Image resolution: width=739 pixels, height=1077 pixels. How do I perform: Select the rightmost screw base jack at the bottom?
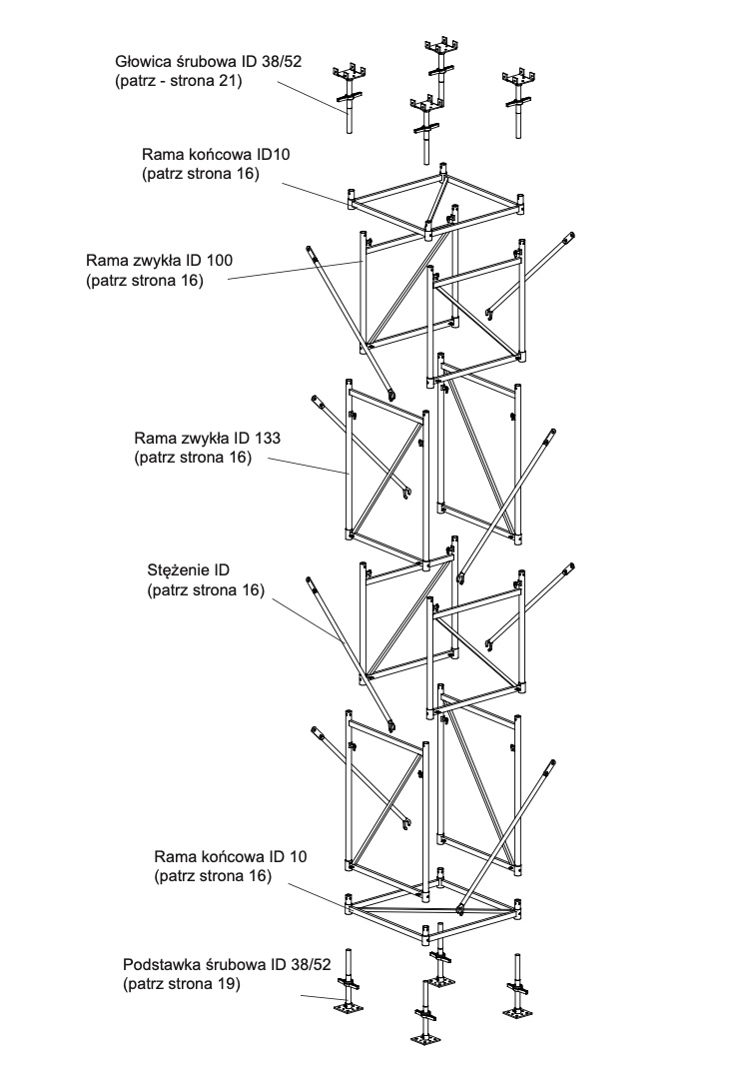point(519,989)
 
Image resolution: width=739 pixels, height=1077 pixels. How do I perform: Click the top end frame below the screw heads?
point(435,205)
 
